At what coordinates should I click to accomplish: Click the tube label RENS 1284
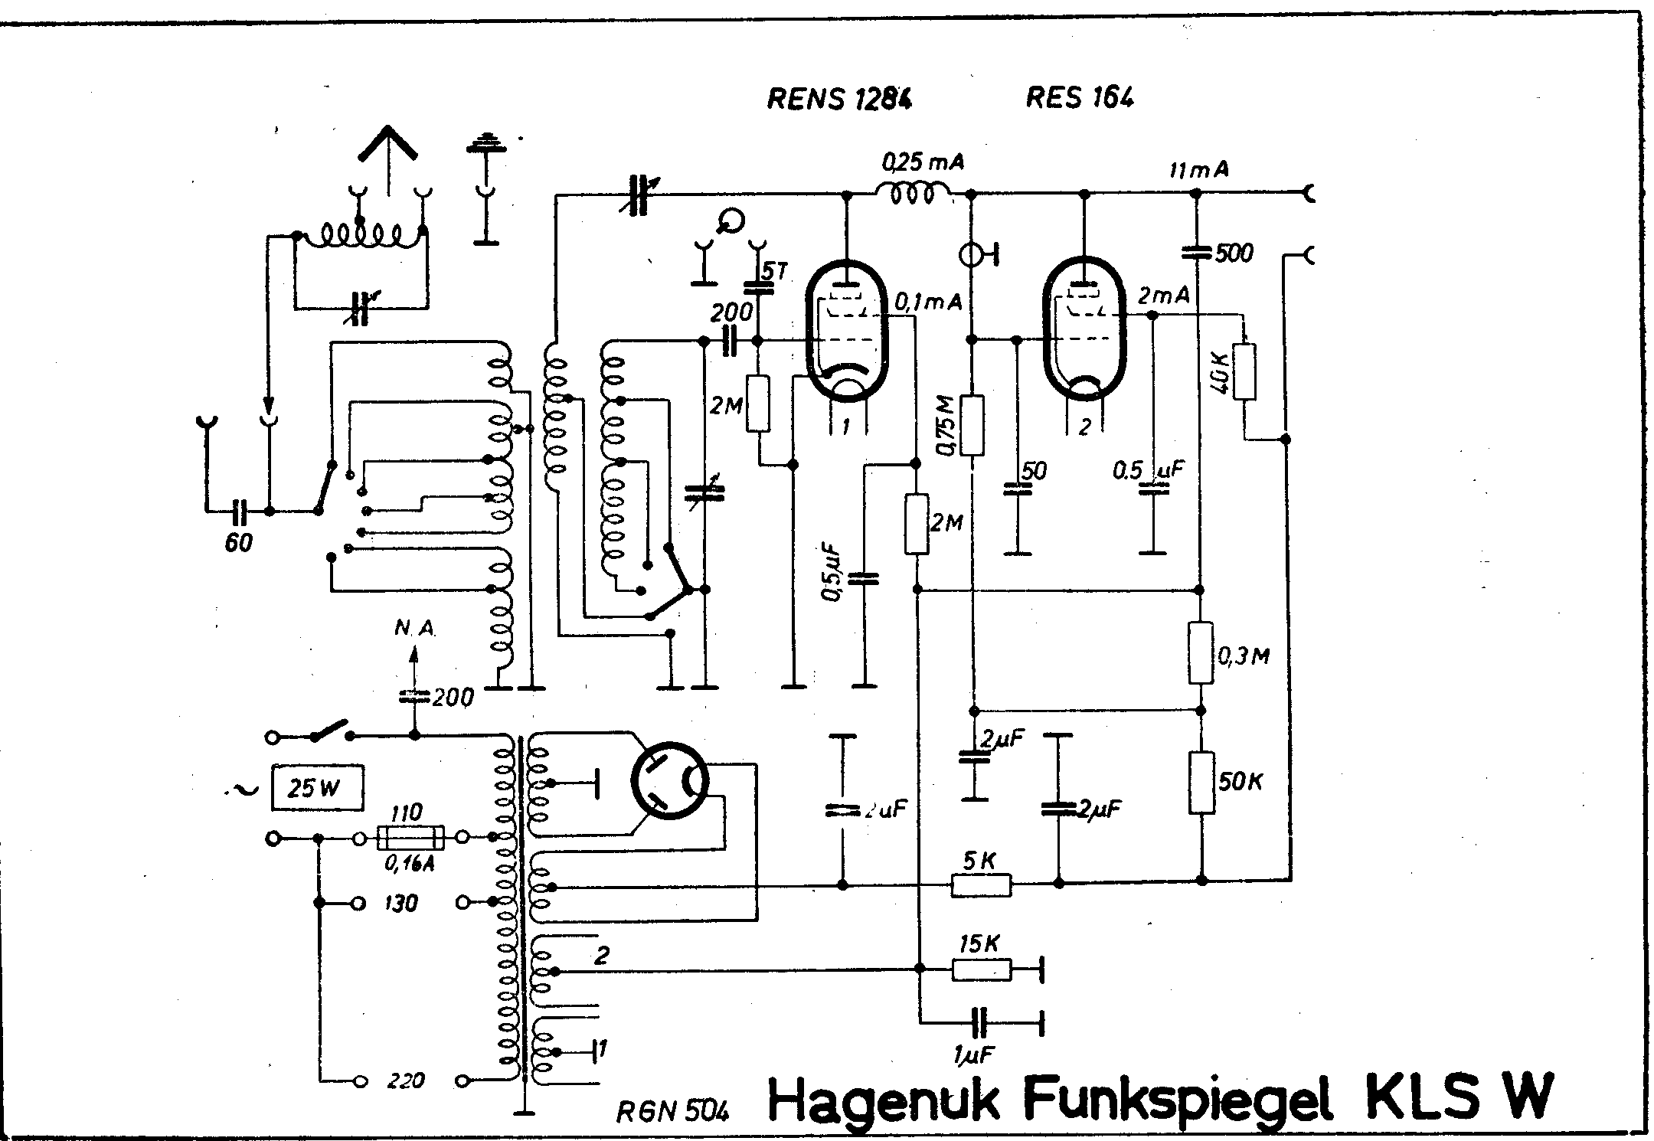[839, 99]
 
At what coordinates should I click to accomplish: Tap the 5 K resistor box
[981, 885]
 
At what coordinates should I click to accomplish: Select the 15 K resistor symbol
[981, 970]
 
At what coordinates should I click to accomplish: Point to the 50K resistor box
[1201, 783]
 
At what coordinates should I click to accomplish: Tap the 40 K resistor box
[1244, 372]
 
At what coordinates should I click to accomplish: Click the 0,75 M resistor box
[972, 425]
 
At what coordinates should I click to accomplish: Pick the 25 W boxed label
[316, 788]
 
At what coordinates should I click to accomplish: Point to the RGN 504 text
[673, 1111]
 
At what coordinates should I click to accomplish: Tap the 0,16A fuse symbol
[410, 839]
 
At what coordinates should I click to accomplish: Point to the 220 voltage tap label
[406, 1081]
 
